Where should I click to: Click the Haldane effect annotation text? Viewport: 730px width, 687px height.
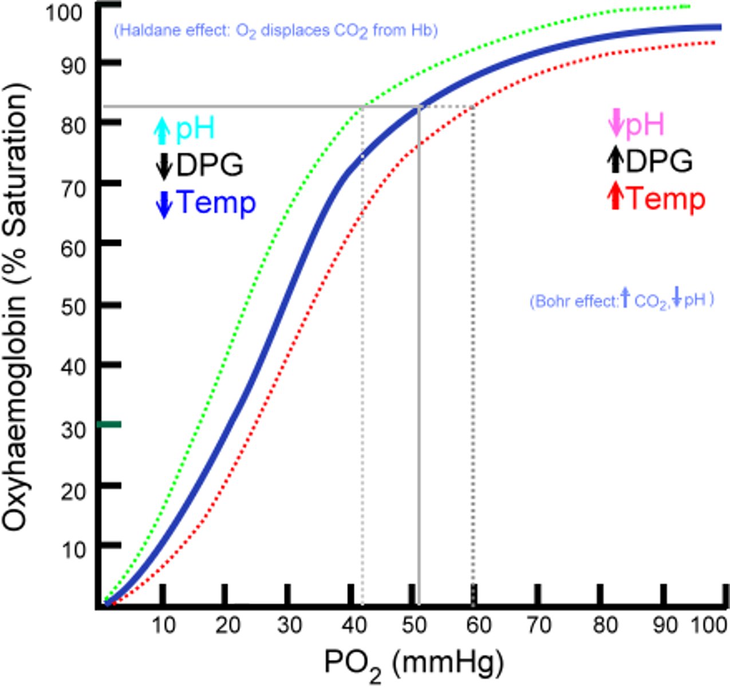pyautogui.click(x=276, y=30)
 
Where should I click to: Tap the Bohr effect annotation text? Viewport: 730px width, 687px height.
pyautogui.click(x=622, y=300)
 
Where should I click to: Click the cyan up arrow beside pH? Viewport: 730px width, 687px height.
pyautogui.click(x=163, y=130)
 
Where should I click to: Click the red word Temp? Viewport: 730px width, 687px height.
pyautogui.click(x=666, y=199)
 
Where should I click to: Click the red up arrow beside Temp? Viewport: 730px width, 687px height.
pyautogui.click(x=615, y=196)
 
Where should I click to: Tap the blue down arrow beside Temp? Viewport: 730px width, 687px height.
pyautogui.click(x=164, y=204)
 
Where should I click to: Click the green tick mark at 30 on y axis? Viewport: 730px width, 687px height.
pyautogui.click(x=109, y=424)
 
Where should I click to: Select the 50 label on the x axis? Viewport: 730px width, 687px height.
pyautogui.click(x=413, y=625)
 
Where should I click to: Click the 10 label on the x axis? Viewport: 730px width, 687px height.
pyautogui.click(x=163, y=625)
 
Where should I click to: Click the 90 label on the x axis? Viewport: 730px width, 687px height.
pyautogui.click(x=665, y=625)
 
